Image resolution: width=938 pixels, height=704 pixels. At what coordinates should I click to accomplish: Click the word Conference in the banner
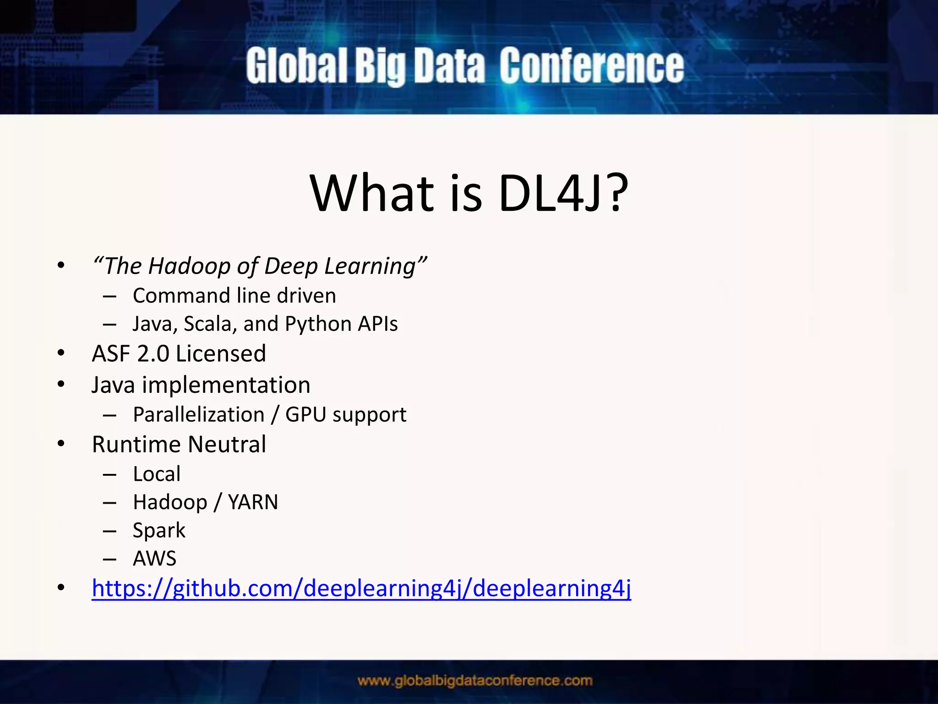click(x=591, y=66)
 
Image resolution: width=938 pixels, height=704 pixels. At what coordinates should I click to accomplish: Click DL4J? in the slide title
click(x=563, y=193)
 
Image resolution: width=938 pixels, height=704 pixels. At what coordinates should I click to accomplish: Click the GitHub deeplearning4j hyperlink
click(x=361, y=588)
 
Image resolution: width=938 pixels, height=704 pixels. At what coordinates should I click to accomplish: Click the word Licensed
click(x=220, y=354)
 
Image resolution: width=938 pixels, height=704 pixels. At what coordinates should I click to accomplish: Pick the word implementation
click(x=226, y=385)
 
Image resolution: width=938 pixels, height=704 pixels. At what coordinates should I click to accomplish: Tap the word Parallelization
click(x=199, y=415)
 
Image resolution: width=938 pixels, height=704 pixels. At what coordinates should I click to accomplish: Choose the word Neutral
click(x=227, y=444)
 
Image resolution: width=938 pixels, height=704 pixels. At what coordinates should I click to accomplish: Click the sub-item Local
click(x=157, y=474)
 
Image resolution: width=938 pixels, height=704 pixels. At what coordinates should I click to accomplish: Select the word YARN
click(x=253, y=502)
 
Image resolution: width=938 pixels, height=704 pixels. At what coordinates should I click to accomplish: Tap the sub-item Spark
click(x=159, y=531)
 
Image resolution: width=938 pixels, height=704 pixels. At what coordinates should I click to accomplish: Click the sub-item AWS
click(x=154, y=559)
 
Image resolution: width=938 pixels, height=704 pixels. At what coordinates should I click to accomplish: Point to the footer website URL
click(x=475, y=681)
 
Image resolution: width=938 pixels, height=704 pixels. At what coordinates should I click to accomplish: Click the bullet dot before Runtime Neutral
click(x=61, y=444)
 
